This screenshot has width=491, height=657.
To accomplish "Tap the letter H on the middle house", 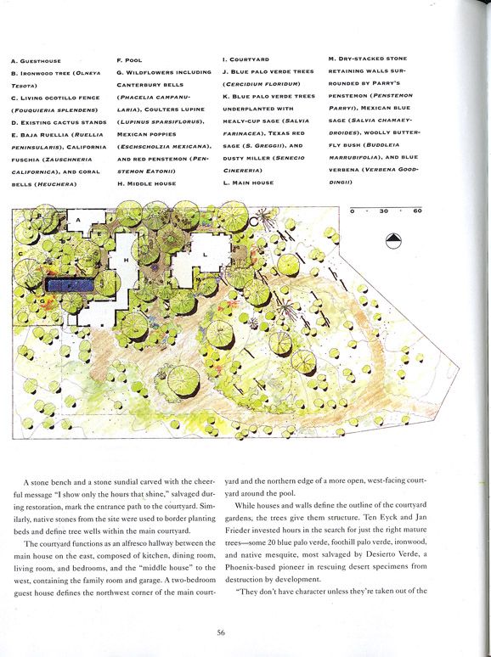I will tap(127, 261).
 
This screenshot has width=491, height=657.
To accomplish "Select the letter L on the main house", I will tap(206, 254).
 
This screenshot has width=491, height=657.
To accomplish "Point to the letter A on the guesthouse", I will tap(79, 220).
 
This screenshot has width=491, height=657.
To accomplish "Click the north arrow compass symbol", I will tap(393, 240).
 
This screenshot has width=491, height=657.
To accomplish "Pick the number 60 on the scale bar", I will tap(417, 211).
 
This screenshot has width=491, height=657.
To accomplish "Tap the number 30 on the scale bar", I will tap(383, 211).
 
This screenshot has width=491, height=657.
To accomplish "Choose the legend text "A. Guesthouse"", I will tap(33, 62).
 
